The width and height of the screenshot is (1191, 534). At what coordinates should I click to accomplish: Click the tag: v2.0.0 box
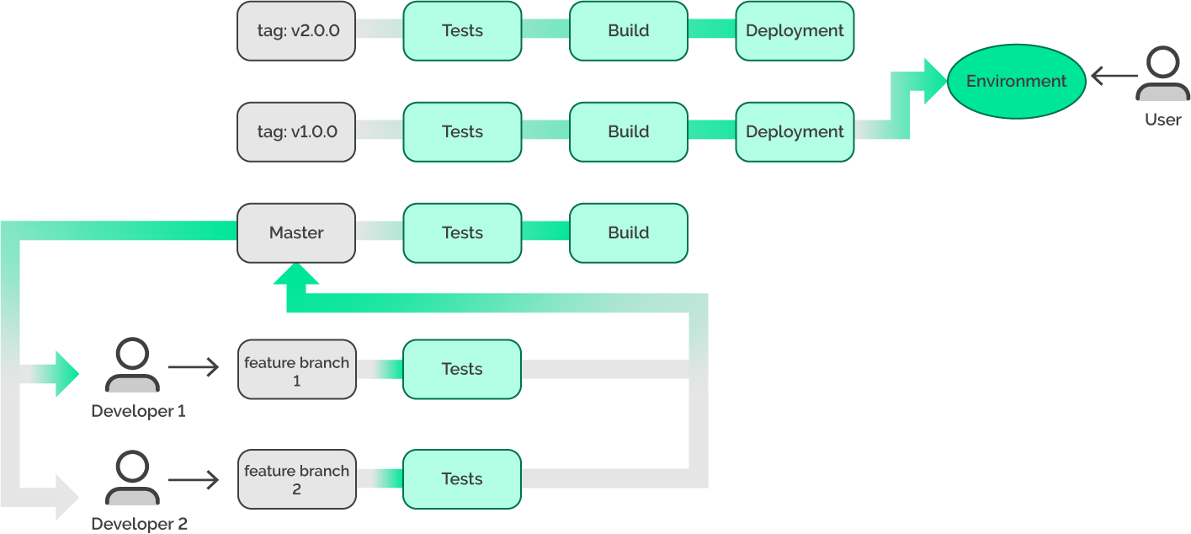[x=295, y=31]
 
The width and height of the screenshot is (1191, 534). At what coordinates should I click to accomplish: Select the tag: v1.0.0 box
[x=295, y=132]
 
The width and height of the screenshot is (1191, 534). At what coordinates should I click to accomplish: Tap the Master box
[x=295, y=233]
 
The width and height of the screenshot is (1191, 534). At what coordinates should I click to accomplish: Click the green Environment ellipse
[x=1016, y=82]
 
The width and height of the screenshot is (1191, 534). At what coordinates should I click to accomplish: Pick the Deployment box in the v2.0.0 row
[x=795, y=31]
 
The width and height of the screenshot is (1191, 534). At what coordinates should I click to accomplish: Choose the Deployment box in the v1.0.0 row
[x=795, y=132]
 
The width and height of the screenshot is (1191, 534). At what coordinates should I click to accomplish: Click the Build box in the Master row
[x=628, y=233]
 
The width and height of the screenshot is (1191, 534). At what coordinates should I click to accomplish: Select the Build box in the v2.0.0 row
[x=628, y=31]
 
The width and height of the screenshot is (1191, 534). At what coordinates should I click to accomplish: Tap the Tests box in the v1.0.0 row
[x=461, y=132]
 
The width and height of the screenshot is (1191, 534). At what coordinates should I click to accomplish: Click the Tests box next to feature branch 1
[x=461, y=369]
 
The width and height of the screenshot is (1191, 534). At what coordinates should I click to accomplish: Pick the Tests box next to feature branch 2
[x=461, y=479]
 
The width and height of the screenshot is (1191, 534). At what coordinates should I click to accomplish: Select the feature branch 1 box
[x=295, y=371]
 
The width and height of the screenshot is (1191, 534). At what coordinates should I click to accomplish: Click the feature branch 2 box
[x=295, y=480]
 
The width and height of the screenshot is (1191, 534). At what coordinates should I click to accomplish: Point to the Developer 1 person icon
[x=132, y=366]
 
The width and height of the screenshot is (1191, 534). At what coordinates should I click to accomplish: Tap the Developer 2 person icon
[x=132, y=478]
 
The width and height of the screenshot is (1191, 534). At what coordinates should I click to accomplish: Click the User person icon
[x=1162, y=75]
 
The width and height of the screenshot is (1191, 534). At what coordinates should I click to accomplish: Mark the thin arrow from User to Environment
[x=1114, y=77]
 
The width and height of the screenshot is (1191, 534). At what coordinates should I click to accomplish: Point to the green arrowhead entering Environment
[x=934, y=82]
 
